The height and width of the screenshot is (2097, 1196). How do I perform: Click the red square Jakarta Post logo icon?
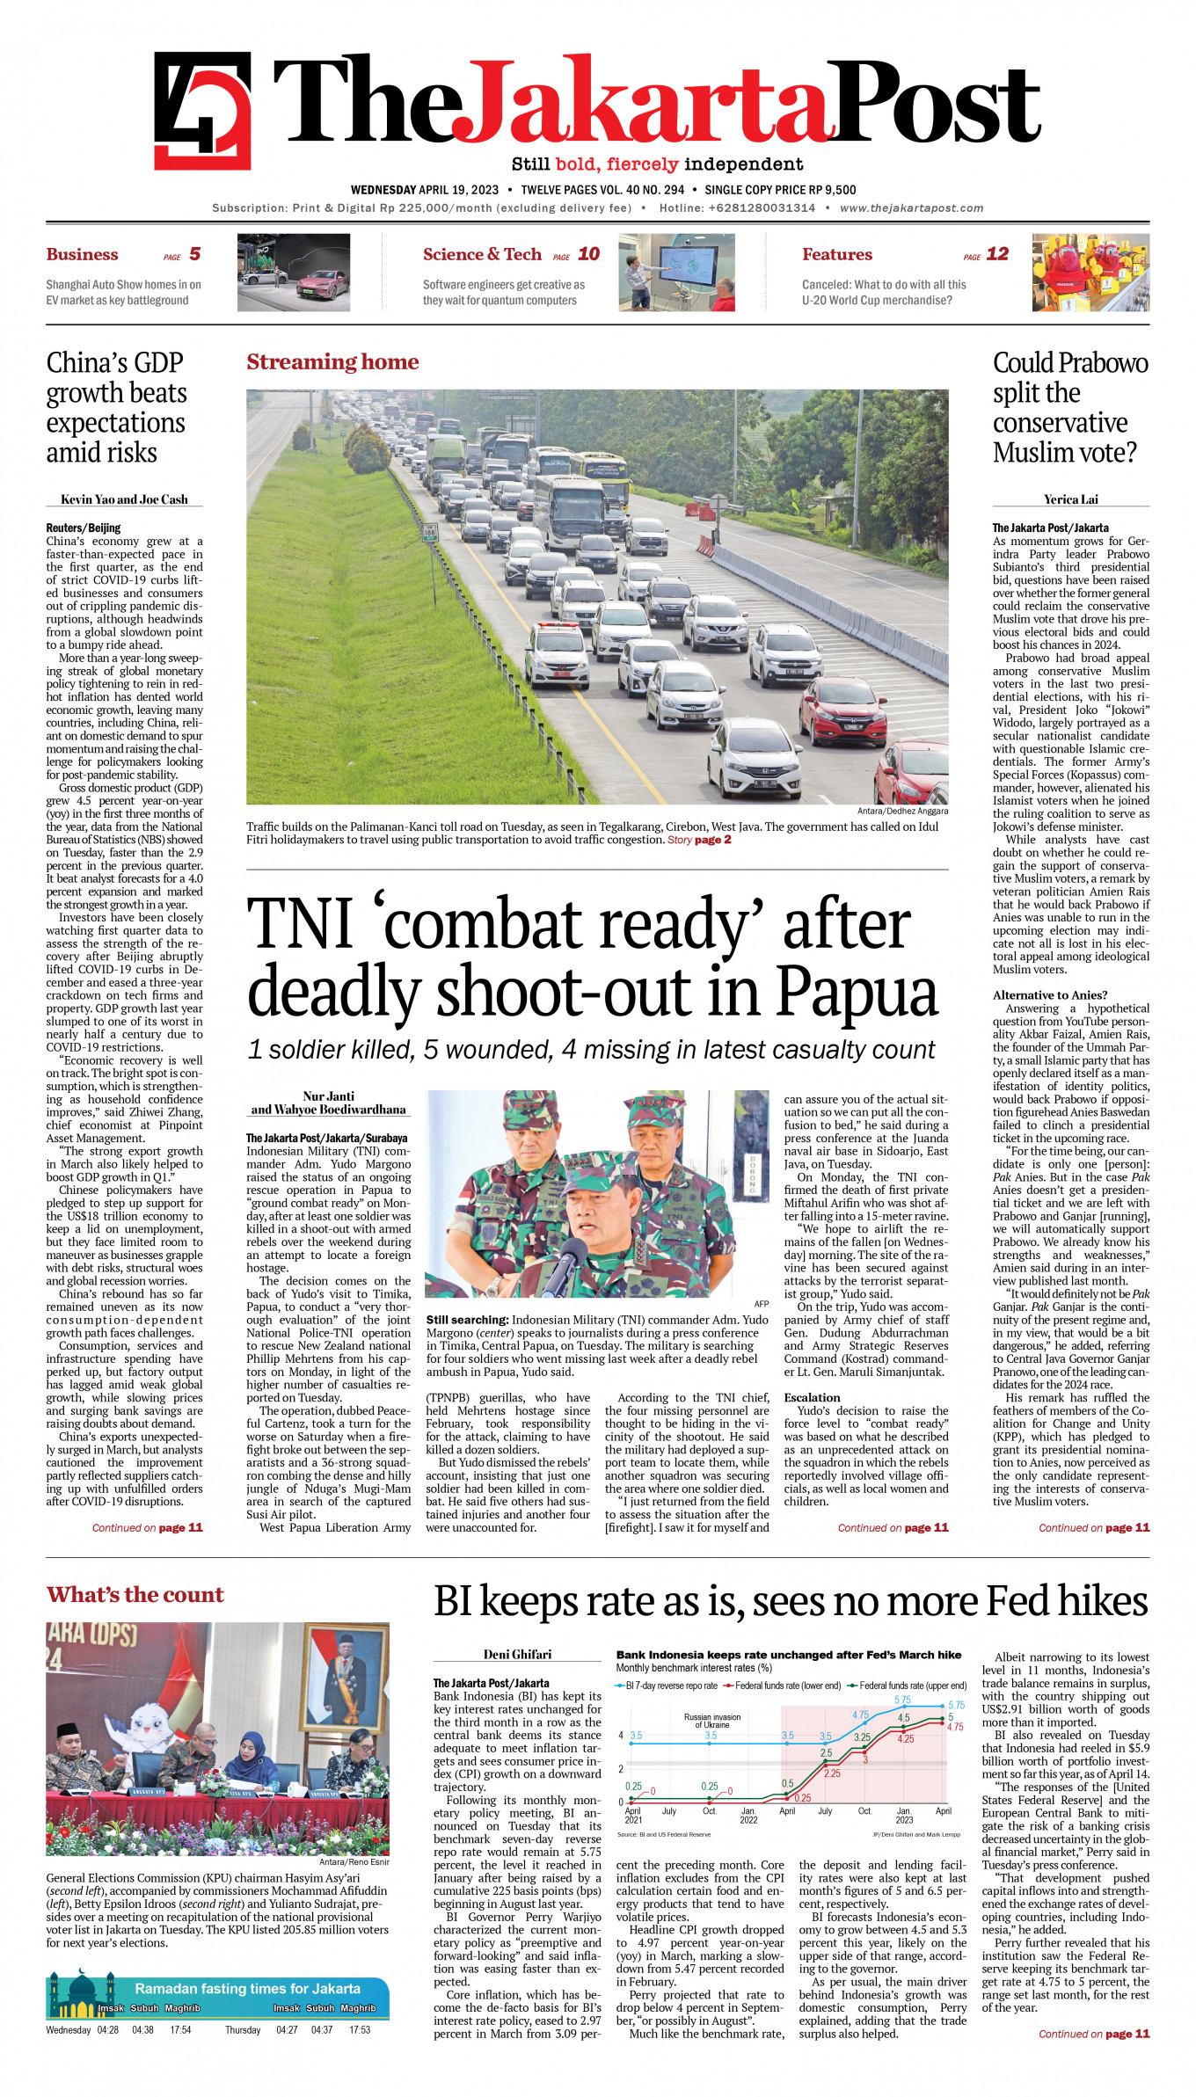pos(202,110)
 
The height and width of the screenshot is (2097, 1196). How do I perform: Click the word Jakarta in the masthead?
pos(642,106)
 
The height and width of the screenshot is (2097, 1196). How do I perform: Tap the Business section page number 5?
pos(194,254)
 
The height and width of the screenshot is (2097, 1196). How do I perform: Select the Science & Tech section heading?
pos(482,255)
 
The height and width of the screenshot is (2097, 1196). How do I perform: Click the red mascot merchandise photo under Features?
pos(1090,273)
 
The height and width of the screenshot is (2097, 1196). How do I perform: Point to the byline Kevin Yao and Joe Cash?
pos(124,499)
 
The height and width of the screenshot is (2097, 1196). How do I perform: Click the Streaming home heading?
pos(332,362)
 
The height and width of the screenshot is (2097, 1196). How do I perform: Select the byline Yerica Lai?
pos(1070,499)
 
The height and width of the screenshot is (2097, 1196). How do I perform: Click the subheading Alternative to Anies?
pos(1050,995)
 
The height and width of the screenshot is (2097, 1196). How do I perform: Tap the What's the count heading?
pos(135,1594)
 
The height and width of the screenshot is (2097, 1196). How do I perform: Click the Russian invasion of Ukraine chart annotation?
pos(711,1721)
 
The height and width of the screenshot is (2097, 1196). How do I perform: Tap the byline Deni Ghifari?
pos(517,1654)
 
